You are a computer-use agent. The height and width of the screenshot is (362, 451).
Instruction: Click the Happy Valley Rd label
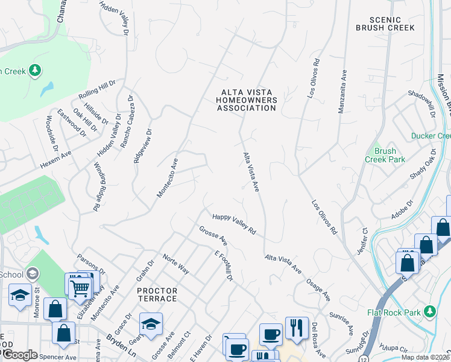pyautogui.click(x=234, y=224)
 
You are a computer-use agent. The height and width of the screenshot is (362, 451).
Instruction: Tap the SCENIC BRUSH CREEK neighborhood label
pyautogui.click(x=385, y=23)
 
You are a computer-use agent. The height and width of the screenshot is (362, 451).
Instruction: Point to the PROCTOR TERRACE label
pyautogui.click(x=157, y=294)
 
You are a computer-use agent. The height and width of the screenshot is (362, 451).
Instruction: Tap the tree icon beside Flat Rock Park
pyautogui.click(x=430, y=311)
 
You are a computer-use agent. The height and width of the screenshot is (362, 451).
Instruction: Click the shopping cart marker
pyautogui.click(x=79, y=287)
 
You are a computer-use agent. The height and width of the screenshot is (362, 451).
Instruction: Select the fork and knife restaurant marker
pyautogui.click(x=296, y=328)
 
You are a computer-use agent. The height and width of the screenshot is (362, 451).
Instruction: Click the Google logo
pyautogui.click(x=20, y=355)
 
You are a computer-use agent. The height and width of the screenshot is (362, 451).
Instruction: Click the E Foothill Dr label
pyautogui.click(x=224, y=265)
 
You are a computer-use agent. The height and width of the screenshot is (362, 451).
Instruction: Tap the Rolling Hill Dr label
pyautogui.click(x=96, y=89)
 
